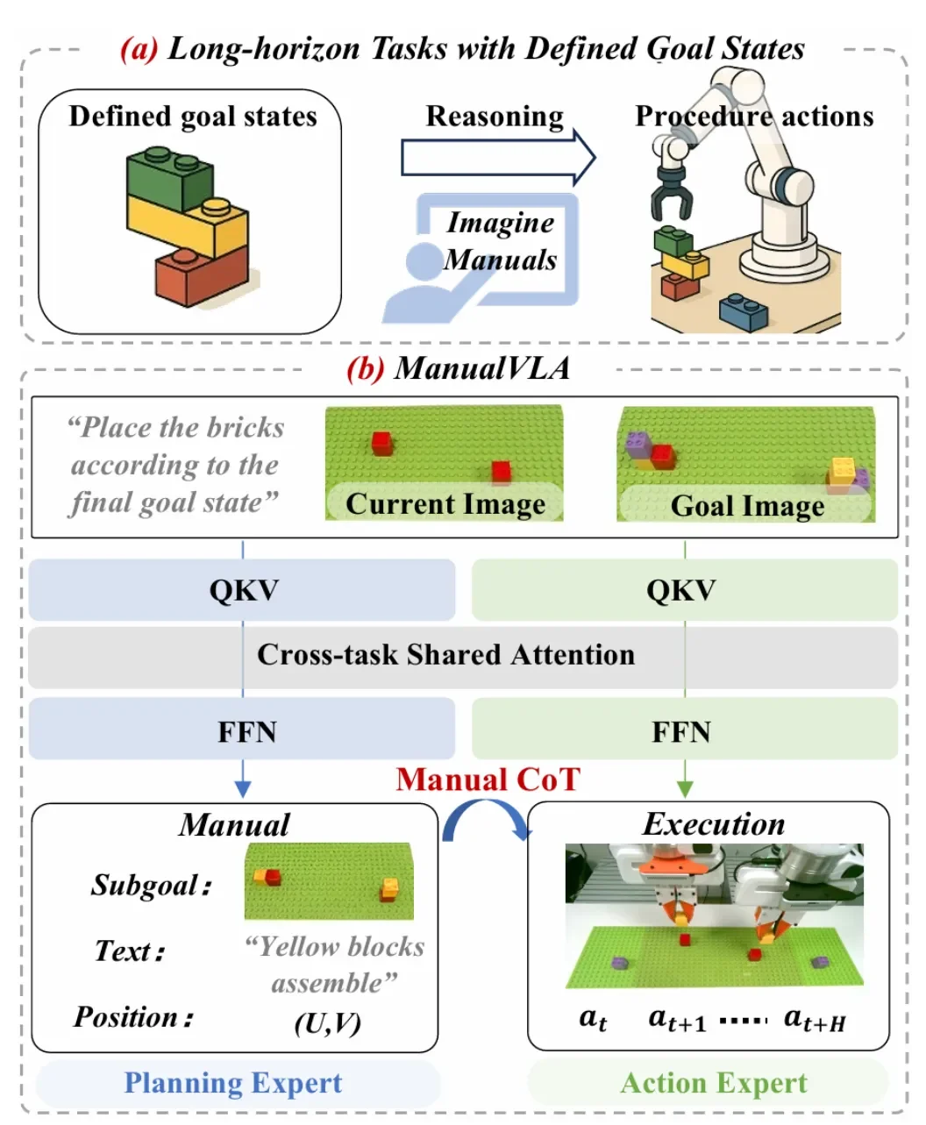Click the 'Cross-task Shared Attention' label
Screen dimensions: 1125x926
click(445, 655)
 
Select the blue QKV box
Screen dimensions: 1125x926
click(243, 590)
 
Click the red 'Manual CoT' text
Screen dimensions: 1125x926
click(488, 779)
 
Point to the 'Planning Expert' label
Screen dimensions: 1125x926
click(233, 1083)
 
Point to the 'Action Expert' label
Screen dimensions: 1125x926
click(713, 1083)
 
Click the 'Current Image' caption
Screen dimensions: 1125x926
click(445, 503)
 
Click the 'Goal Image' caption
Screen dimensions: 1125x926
click(747, 506)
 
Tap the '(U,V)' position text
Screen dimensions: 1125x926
click(328, 1022)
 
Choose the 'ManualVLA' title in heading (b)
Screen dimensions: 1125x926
click(481, 367)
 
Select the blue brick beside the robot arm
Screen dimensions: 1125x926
click(743, 312)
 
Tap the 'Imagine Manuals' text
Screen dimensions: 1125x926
click(501, 241)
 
